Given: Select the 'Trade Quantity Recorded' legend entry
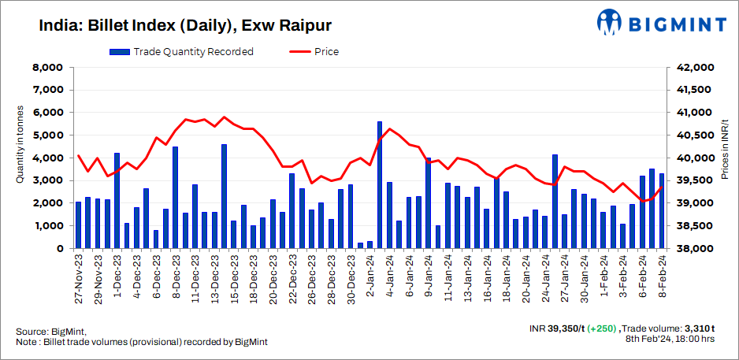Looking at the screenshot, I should coord(182,52).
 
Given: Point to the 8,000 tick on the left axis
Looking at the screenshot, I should coord(47,68).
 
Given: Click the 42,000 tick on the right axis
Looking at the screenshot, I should coord(695,68).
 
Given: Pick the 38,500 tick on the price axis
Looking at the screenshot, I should coord(695,226).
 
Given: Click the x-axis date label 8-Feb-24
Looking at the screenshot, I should coord(662,277).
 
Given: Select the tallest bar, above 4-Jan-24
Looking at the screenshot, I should coord(380,186).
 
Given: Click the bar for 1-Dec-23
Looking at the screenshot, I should coord(117,201).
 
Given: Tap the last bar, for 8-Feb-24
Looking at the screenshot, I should coord(662,211).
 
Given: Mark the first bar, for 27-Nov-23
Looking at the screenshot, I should coord(78,225).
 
